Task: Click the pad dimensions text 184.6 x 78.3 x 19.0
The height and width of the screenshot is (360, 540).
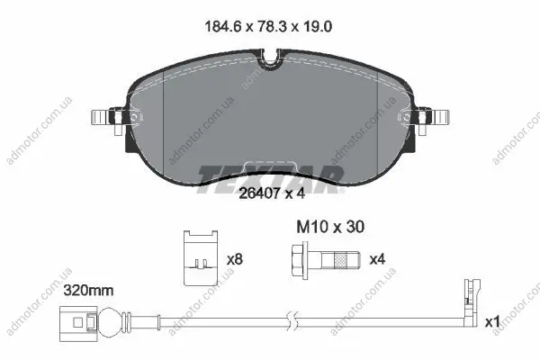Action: point(268,26)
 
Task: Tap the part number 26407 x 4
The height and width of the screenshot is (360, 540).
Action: point(272,193)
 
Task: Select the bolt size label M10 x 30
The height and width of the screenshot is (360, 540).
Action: point(330,227)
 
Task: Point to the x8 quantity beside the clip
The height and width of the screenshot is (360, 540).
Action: point(235,259)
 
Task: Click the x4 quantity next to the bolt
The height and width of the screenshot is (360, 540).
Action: point(377,259)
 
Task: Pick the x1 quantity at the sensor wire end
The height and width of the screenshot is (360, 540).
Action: point(492,322)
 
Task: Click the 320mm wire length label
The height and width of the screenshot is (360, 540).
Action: point(88,291)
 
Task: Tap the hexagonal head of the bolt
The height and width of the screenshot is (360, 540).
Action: point(297,260)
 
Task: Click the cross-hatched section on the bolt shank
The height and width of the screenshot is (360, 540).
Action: point(340,260)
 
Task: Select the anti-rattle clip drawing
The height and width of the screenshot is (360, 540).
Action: point(201,258)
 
